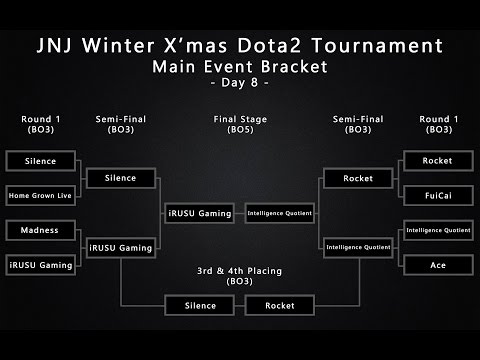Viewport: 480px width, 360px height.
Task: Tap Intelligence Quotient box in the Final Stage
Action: pyautogui.click(x=281, y=213)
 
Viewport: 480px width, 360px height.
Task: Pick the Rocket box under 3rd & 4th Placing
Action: pyautogui.click(x=281, y=305)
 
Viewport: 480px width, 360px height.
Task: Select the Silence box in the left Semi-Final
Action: pyautogui.click(x=119, y=179)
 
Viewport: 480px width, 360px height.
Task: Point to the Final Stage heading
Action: pyautogui.click(x=240, y=119)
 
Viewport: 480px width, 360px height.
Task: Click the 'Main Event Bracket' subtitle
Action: pyautogui.click(x=240, y=66)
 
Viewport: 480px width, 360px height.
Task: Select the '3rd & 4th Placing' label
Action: pyautogui.click(x=240, y=270)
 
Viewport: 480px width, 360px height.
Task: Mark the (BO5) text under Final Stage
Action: pyautogui.click(x=240, y=130)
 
